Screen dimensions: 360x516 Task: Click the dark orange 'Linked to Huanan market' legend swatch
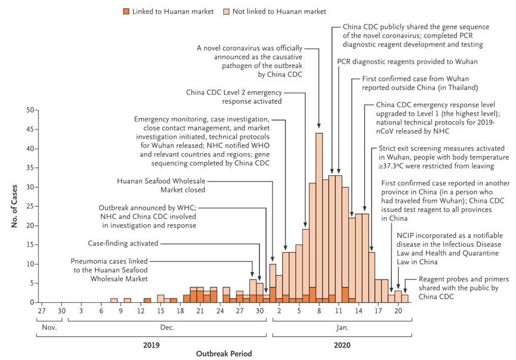126,11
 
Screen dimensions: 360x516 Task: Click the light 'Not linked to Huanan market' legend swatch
244,11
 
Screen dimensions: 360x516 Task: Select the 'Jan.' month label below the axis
341,327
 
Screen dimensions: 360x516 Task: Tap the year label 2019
151,345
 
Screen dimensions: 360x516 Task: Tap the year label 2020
341,345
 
